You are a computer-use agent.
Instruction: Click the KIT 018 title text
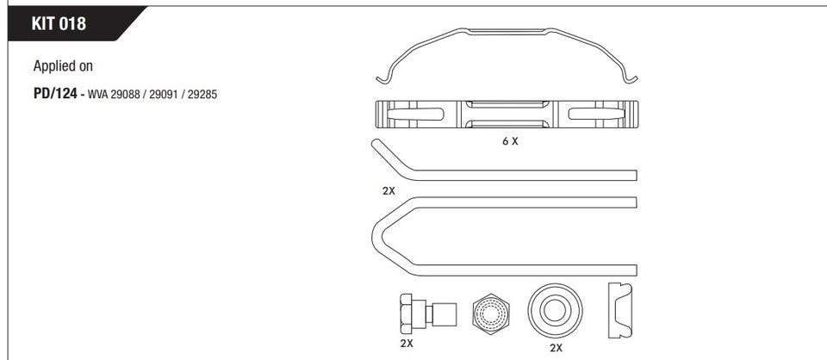58,24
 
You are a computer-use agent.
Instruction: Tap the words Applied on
63,66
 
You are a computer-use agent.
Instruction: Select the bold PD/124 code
55,95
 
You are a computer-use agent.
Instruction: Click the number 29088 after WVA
125,96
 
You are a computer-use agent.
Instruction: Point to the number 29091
164,96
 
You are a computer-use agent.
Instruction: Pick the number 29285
202,96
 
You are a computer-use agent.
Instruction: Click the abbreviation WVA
97,96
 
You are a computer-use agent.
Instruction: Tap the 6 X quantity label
509,141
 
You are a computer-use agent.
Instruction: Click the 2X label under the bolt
406,344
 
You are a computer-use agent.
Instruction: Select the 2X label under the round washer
556,348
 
